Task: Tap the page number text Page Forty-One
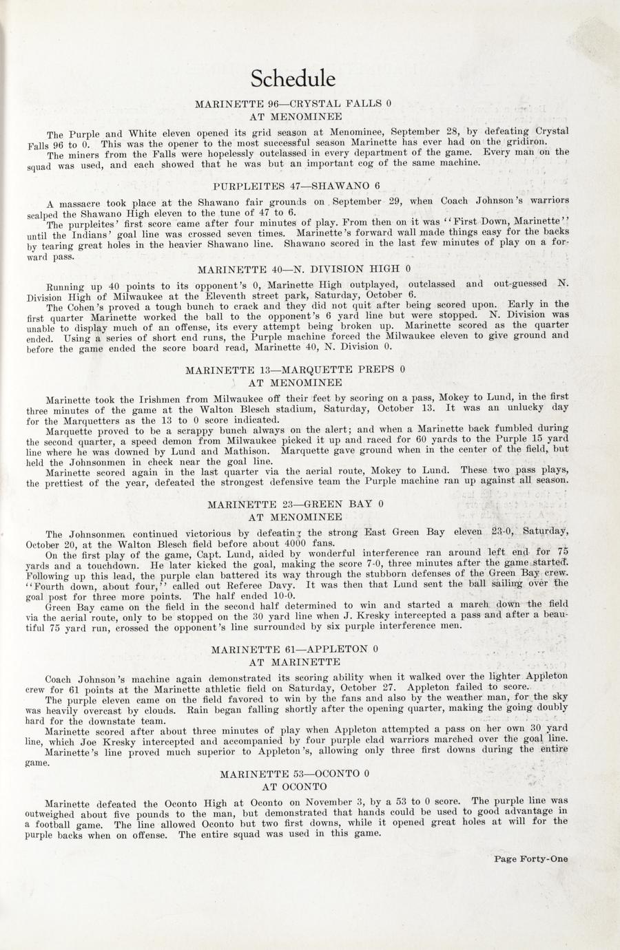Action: click(530, 858)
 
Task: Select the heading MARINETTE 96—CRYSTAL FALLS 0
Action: click(293, 104)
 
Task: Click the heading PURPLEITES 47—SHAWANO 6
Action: click(296, 186)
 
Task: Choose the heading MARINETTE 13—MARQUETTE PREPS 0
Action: click(295, 369)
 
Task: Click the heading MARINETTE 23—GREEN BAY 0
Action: click(295, 504)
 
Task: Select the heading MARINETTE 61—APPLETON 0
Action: click(295, 648)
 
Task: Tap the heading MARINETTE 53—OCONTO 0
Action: click(295, 774)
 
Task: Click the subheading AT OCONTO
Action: click(294, 786)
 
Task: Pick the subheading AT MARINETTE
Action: click(294, 662)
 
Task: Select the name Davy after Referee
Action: click(285, 584)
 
